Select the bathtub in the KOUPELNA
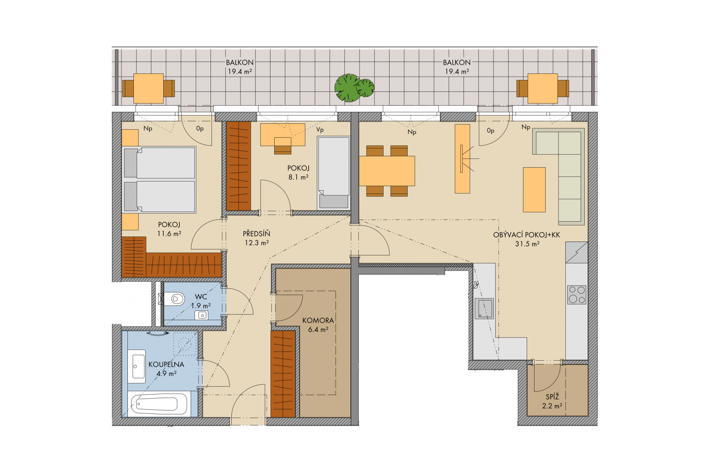point(159,404)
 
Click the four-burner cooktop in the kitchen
point(577,295)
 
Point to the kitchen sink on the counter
point(484,308)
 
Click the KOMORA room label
point(318,320)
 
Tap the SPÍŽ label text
point(553,397)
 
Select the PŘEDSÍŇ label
point(256,234)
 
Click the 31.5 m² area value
point(527,243)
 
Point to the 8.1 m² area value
point(298,177)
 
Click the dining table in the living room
point(387,171)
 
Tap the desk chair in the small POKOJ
point(282,146)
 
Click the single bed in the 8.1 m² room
point(334,173)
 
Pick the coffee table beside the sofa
point(534,190)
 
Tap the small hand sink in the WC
point(202,315)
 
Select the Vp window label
point(320,130)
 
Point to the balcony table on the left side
point(149,88)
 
